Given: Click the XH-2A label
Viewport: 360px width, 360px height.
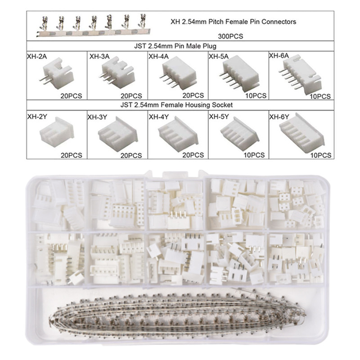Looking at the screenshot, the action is click(x=37, y=57).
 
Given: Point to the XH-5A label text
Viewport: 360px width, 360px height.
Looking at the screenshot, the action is click(x=219, y=57).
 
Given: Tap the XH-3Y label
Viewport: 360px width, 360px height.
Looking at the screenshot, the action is click(x=97, y=117).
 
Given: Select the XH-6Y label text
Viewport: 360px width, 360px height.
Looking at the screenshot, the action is click(x=279, y=117).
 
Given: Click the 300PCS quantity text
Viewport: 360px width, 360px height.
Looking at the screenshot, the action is click(x=230, y=36).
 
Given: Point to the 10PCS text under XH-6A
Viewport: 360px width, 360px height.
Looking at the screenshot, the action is click(x=320, y=96).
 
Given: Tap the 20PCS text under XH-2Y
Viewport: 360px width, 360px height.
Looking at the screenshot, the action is click(x=72, y=155).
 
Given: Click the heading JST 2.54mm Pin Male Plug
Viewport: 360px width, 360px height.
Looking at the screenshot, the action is click(x=175, y=46).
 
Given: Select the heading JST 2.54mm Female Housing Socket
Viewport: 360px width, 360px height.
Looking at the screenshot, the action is click(x=176, y=105).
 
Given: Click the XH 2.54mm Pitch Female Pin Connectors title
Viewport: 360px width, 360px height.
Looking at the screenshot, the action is click(x=233, y=22).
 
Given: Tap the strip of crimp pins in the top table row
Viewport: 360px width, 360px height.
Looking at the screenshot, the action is click(x=93, y=25).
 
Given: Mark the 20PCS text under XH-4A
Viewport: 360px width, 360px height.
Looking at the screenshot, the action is click(x=193, y=95).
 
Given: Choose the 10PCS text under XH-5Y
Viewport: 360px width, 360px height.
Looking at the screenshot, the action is click(x=254, y=155).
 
